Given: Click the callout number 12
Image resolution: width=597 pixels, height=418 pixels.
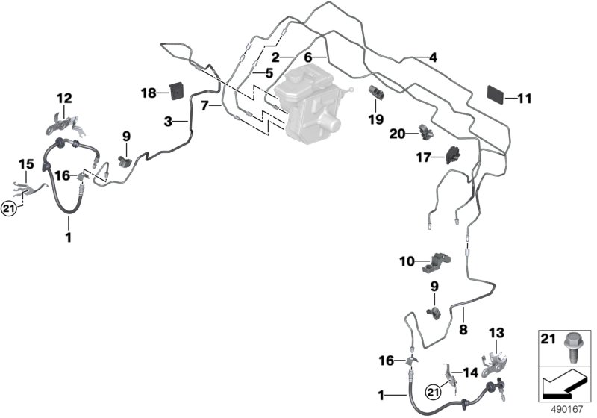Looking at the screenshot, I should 65,98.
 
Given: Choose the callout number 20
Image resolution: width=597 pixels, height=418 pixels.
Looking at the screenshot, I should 397,134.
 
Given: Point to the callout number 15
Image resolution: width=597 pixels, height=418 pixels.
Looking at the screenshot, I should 26,163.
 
